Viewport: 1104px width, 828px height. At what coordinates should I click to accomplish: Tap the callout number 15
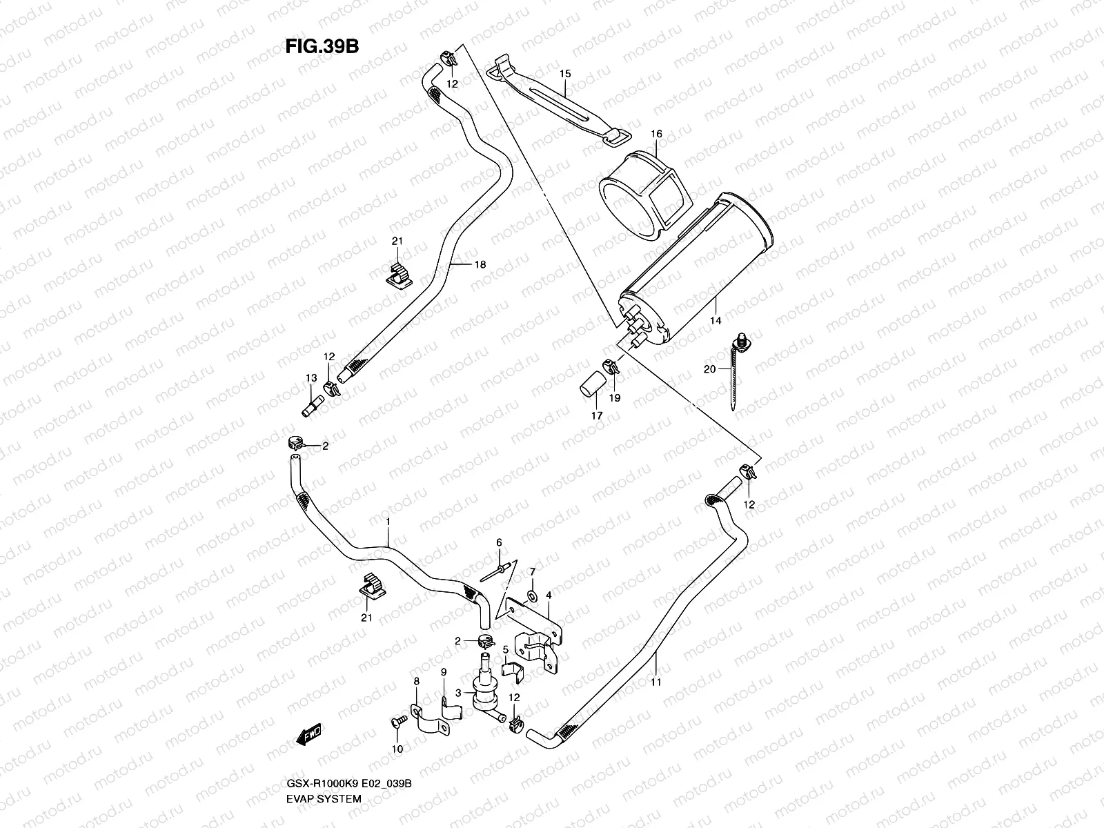(565, 73)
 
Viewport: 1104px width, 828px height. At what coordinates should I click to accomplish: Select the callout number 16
(655, 133)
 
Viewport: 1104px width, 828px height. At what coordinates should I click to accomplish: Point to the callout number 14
(715, 321)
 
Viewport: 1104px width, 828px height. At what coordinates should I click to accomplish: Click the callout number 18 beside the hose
(480, 264)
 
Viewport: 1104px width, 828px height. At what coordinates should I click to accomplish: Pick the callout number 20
(709, 369)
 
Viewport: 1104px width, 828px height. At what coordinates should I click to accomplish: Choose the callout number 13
(311, 378)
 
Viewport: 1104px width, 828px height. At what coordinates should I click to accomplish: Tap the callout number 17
(596, 416)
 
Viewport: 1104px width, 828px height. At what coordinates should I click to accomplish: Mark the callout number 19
(615, 397)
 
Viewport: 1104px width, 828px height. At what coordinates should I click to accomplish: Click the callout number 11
(655, 682)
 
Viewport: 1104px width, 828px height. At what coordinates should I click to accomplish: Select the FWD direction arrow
(310, 737)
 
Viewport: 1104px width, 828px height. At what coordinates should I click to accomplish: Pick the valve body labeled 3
(485, 690)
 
